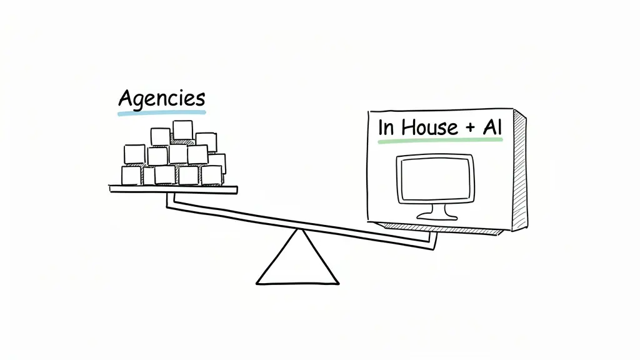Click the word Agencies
(161, 99)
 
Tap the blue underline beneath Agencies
(161, 113)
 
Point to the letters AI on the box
(492, 127)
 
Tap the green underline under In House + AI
(440, 141)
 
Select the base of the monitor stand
(437, 216)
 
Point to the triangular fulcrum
(298, 262)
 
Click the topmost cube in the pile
(182, 130)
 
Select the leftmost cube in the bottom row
(131, 176)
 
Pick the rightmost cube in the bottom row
(211, 176)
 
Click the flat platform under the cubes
(173, 188)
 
